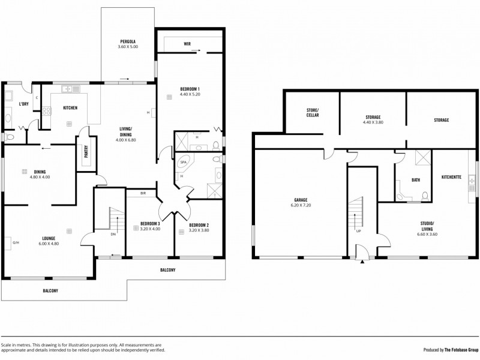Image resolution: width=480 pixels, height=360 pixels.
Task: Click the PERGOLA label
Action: click(x=128, y=41)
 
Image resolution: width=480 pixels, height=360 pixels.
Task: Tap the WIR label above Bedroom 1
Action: click(x=187, y=44)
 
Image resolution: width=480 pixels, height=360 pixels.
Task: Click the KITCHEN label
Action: click(x=70, y=108)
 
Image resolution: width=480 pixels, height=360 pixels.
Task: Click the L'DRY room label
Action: click(x=24, y=104)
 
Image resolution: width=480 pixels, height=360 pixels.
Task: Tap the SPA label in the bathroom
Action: click(x=184, y=162)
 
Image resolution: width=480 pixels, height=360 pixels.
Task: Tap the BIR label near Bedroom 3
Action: click(x=143, y=193)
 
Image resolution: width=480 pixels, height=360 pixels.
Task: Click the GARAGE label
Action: click(x=301, y=200)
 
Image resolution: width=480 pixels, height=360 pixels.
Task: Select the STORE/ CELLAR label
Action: click(x=312, y=112)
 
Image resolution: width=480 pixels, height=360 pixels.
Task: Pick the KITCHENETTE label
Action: click(x=451, y=177)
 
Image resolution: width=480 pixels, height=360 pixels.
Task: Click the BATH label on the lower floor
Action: click(x=415, y=180)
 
